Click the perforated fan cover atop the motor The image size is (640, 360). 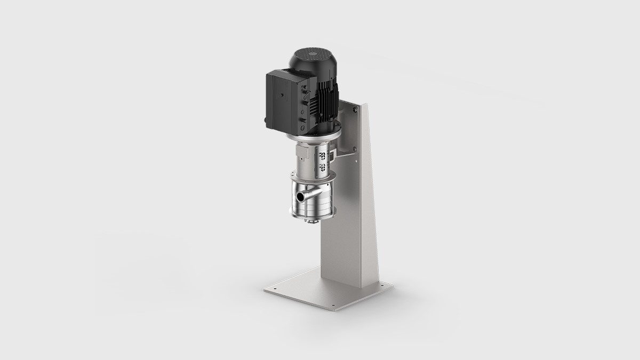[311, 57]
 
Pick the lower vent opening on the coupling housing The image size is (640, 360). [322, 166]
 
